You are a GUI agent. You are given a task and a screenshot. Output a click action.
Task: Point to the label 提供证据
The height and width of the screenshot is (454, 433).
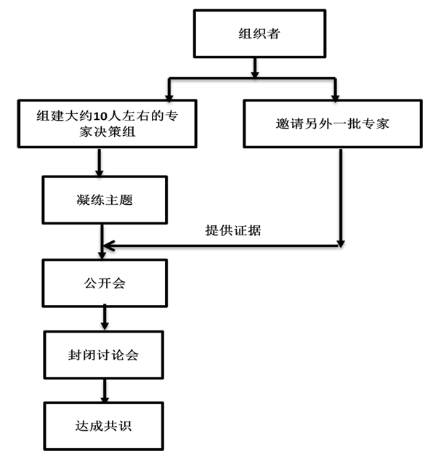coord(233,230)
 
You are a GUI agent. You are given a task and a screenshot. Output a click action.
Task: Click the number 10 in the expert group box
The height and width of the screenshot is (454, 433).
coord(100,116)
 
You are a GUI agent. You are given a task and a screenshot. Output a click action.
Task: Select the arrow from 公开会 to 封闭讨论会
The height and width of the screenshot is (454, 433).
coord(105,318)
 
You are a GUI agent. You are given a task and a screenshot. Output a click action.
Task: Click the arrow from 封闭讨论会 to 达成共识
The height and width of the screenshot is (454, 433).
coord(105,390)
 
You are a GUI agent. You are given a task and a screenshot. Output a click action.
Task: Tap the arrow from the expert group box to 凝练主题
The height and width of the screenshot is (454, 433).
coord(100,162)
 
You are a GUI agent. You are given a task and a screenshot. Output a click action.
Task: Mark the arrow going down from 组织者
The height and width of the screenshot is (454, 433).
coord(254,68)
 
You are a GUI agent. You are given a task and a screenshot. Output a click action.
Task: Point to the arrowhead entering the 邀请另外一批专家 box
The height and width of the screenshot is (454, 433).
coord(335,98)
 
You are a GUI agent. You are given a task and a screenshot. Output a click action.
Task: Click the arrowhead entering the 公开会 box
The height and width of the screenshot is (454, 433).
coord(102,255)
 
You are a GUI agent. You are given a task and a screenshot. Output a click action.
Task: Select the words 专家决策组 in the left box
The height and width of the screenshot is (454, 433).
coord(108,132)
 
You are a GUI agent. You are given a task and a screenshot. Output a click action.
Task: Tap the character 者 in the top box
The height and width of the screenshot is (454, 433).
coord(273,33)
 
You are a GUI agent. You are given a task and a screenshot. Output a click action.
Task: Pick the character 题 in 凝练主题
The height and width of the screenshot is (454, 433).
coord(126,200)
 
